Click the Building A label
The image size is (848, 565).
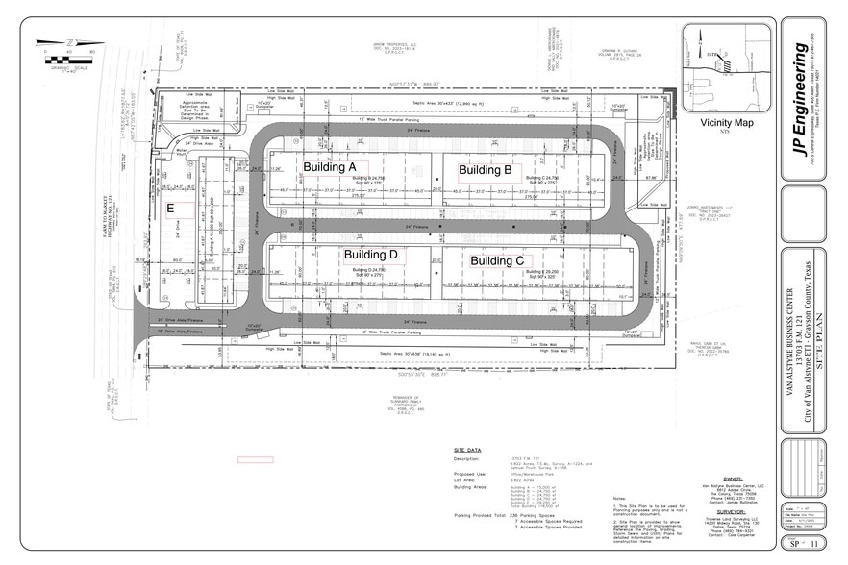pyautogui.click(x=330, y=167)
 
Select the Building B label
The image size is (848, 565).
pyautogui.click(x=485, y=170)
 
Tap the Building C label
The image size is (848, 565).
pyautogui.click(x=496, y=260)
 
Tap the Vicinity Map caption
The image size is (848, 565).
pyautogui.click(x=728, y=123)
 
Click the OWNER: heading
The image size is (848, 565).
pyautogui.click(x=734, y=476)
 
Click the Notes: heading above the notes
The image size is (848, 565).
pyautogui.click(x=618, y=498)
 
